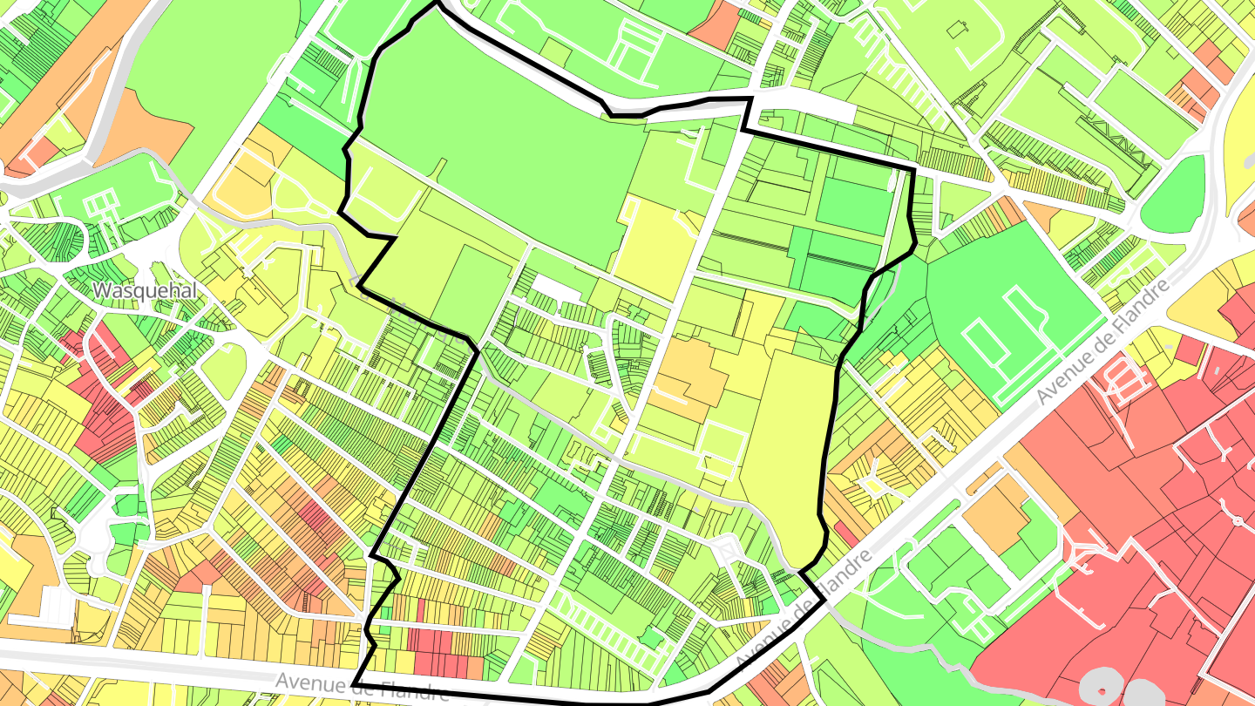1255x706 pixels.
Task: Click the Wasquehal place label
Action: [146, 290]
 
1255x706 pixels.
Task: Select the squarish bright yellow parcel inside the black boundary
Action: [654, 240]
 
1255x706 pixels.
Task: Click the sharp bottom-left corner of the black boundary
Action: [355, 683]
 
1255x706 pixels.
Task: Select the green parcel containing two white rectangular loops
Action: [1011, 322]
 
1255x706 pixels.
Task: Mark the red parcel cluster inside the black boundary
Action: [440, 645]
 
